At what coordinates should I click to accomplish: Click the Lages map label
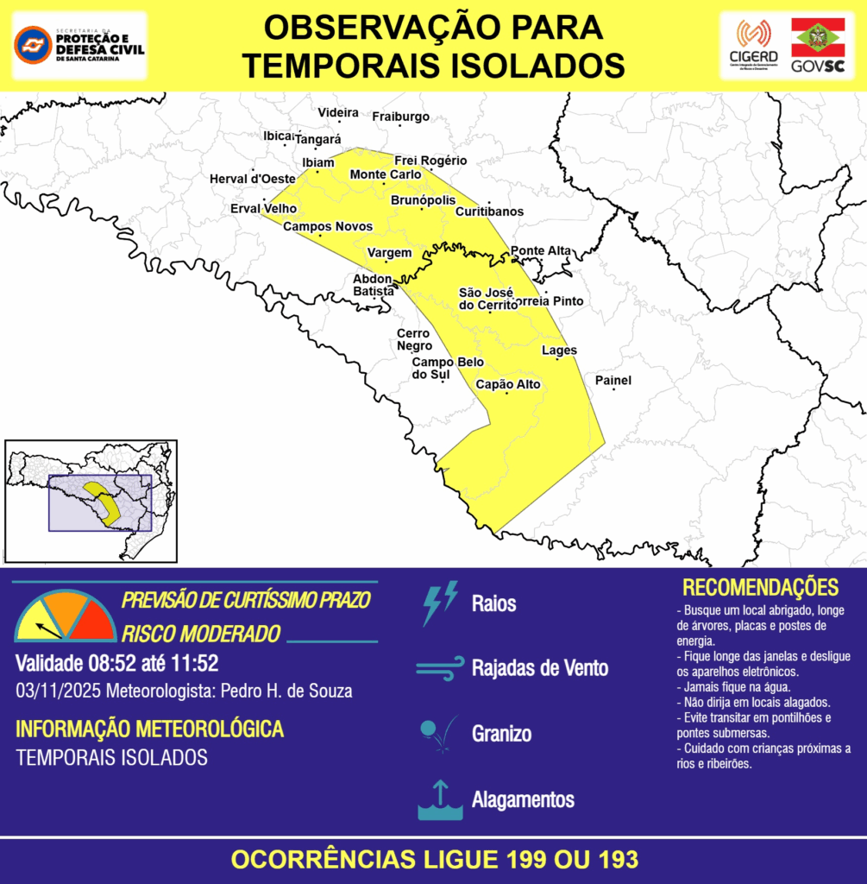559,350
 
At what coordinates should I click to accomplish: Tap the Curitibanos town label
489,212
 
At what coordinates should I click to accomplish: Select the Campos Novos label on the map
328,226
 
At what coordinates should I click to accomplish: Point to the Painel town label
613,381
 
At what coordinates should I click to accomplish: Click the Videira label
338,113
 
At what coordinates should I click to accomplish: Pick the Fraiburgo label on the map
400,117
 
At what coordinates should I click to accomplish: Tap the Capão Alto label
508,384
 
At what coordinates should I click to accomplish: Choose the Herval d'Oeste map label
253,179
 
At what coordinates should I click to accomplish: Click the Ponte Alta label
541,251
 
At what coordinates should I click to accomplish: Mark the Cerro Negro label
414,340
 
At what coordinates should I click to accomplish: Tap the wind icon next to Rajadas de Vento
440,668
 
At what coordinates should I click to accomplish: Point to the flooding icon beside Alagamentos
440,800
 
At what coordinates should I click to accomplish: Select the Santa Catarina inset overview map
91,501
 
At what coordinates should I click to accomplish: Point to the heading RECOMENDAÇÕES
760,588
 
